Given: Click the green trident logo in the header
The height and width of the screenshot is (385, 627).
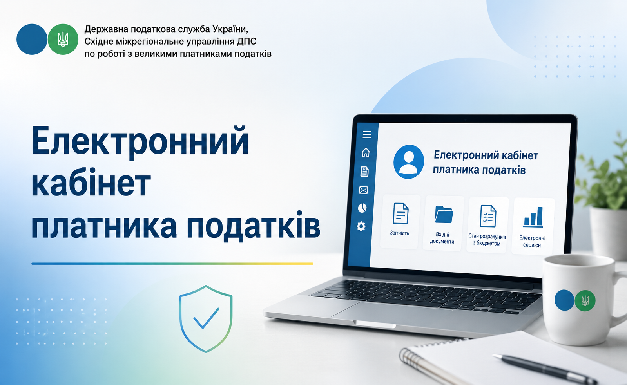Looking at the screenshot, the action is (x=63, y=39).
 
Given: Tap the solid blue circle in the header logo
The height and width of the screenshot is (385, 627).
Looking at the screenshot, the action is (x=32, y=39).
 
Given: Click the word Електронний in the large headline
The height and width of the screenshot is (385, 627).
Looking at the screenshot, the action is (x=140, y=141).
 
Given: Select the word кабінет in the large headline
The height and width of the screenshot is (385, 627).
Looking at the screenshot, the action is (x=91, y=182).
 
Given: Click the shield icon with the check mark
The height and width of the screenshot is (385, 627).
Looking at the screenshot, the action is (x=206, y=319).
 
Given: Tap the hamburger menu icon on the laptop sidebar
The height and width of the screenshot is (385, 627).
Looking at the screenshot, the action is (x=367, y=134).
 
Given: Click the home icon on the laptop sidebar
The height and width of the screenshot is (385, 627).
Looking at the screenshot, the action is (x=366, y=152).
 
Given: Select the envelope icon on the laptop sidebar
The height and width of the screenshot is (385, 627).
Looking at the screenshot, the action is (x=363, y=190).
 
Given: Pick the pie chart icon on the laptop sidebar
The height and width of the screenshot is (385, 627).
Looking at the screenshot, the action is (x=362, y=208).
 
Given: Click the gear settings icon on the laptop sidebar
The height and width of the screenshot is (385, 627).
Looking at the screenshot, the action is (x=361, y=226).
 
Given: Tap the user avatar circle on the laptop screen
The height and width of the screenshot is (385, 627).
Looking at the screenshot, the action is (x=409, y=162).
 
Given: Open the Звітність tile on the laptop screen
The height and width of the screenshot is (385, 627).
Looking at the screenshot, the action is (x=400, y=222).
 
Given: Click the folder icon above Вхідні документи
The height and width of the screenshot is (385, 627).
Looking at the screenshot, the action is (x=444, y=215).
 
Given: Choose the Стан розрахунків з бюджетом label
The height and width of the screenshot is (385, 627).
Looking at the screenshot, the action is (x=487, y=240).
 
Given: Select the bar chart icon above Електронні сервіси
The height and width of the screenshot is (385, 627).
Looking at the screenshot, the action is (x=533, y=217).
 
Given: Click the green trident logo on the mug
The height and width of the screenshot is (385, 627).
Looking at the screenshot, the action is (x=585, y=300).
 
